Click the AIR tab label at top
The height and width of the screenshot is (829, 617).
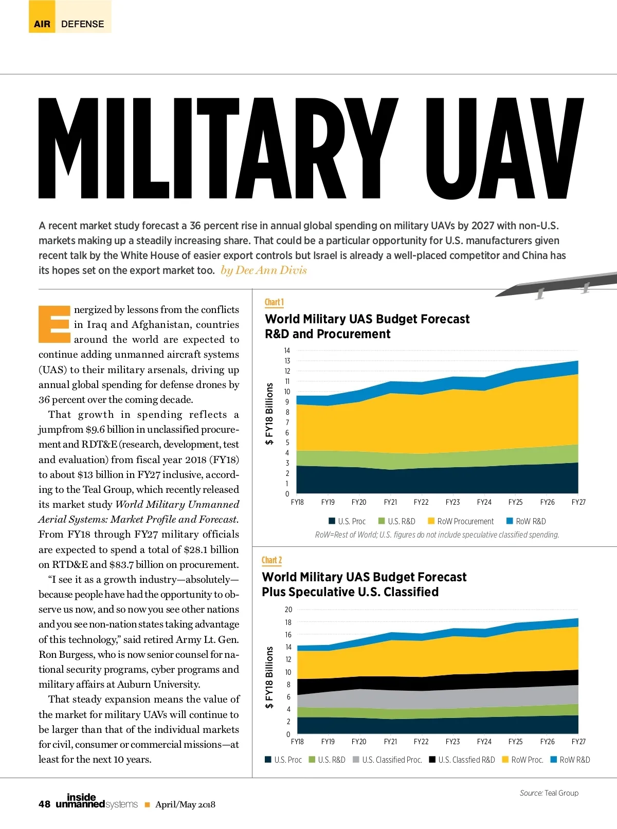point(42,24)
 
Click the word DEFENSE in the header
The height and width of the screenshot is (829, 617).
point(82,24)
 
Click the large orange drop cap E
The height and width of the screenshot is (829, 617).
point(55,324)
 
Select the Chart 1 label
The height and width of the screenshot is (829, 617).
point(274,302)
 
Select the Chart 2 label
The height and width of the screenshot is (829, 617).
point(272,560)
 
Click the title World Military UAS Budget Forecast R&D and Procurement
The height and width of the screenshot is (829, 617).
point(367,326)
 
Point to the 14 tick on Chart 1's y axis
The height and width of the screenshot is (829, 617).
point(287,351)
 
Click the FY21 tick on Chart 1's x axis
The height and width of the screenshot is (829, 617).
point(390,502)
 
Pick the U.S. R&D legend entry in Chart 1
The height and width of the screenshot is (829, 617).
point(396,521)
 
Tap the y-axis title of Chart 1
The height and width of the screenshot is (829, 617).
point(269,414)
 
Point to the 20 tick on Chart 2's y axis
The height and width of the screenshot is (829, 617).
point(288,610)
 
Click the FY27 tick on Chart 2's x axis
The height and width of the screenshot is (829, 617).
point(578,742)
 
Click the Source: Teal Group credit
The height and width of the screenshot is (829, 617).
point(549,793)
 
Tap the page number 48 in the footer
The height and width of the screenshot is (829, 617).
point(44,804)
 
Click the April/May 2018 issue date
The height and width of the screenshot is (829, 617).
point(185,805)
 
